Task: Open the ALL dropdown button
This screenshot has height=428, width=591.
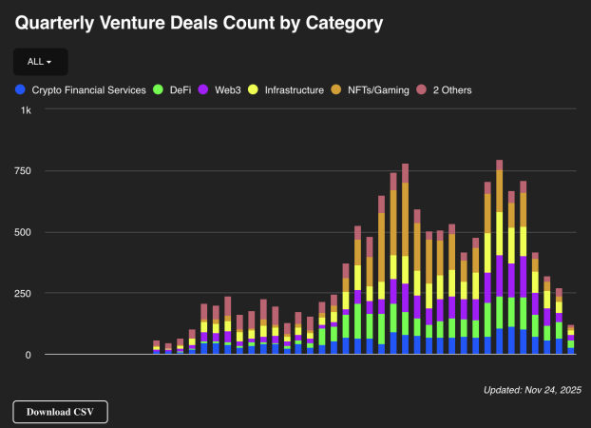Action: (40, 62)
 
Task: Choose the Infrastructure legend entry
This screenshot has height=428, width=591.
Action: (294, 90)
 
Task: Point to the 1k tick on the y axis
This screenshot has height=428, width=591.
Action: (27, 110)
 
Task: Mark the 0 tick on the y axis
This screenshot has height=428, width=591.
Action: (27, 354)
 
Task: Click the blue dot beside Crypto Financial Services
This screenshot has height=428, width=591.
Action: (20, 90)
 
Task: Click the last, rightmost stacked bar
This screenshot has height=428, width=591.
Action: (571, 340)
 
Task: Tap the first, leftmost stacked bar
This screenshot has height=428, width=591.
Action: (157, 348)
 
